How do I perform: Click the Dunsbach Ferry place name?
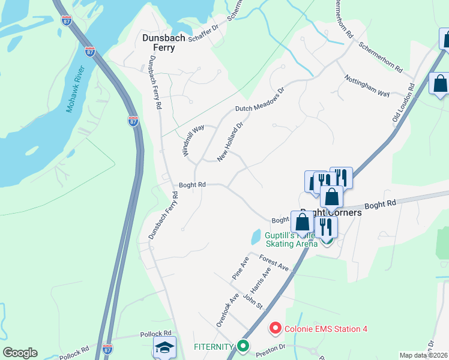[158, 43]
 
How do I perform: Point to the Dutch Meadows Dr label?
[259, 103]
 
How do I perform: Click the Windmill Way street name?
[194, 140]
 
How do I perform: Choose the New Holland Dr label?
[230, 142]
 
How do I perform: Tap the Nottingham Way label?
[367, 86]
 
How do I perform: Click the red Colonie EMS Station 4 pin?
[276, 328]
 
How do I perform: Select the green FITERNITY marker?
[243, 346]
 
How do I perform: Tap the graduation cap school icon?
[164, 347]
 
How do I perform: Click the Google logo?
[20, 353]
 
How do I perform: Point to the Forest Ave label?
[274, 262]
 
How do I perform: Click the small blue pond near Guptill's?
[256, 236]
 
